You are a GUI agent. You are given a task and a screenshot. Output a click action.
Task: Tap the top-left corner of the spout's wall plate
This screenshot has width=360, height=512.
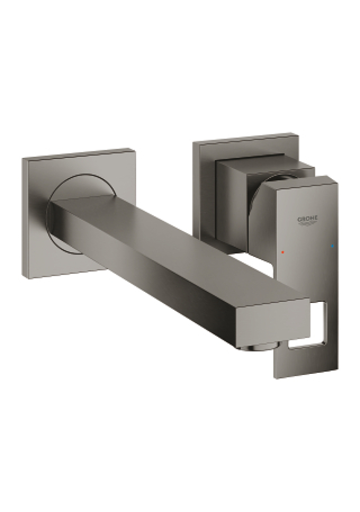[x=22, y=159]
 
